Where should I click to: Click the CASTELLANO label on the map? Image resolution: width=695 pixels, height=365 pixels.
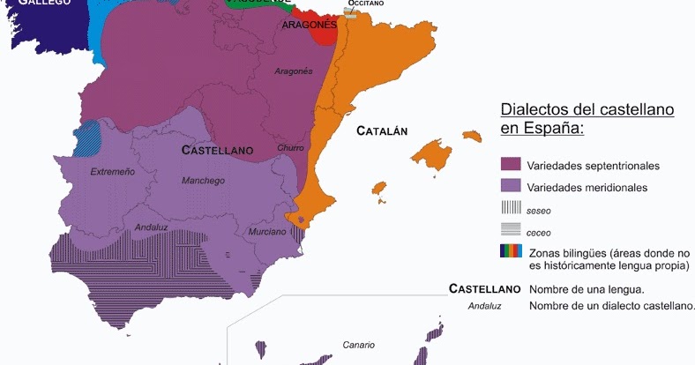(x=217, y=150)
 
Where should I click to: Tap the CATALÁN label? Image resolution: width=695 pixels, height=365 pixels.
(x=382, y=131)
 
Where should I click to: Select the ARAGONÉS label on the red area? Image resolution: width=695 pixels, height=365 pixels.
(x=310, y=26)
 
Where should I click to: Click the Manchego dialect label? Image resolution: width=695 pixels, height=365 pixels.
(x=204, y=180)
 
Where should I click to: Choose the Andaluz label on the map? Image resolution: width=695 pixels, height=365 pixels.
(x=151, y=227)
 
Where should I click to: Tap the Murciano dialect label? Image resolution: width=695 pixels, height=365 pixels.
(x=267, y=232)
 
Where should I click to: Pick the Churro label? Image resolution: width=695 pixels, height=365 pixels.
(x=290, y=148)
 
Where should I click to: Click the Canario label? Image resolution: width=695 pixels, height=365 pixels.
(x=359, y=345)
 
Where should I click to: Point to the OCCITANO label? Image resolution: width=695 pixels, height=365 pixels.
(x=365, y=4)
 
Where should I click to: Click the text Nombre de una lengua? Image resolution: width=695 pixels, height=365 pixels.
(x=587, y=288)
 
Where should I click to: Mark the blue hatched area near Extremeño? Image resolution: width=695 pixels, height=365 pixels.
(x=86, y=138)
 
